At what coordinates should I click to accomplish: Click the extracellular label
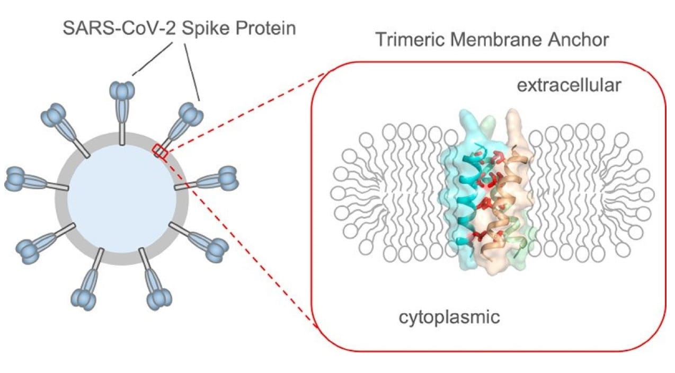(x=569, y=85)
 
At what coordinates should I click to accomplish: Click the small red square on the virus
(x=160, y=152)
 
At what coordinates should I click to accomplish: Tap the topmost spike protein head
(x=121, y=90)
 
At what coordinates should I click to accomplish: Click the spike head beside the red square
(x=190, y=113)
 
